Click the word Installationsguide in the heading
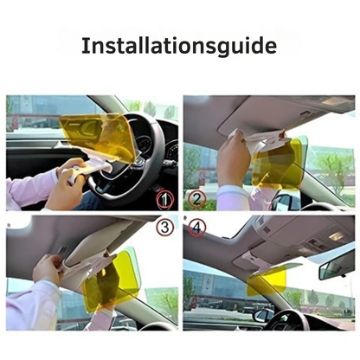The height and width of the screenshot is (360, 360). point(179,46)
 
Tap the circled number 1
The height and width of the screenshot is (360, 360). point(164,199)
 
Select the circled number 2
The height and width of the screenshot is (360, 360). point(196,199)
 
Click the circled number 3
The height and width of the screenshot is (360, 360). point(164,227)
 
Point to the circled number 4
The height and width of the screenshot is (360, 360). point(196,227)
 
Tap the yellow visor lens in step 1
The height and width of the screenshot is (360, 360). point(98,132)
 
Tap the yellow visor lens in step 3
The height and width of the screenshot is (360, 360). point(111,279)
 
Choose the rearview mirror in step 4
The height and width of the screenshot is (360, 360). point(337,270)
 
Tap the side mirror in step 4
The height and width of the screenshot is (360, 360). point(263,315)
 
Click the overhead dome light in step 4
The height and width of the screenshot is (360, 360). point(337,236)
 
